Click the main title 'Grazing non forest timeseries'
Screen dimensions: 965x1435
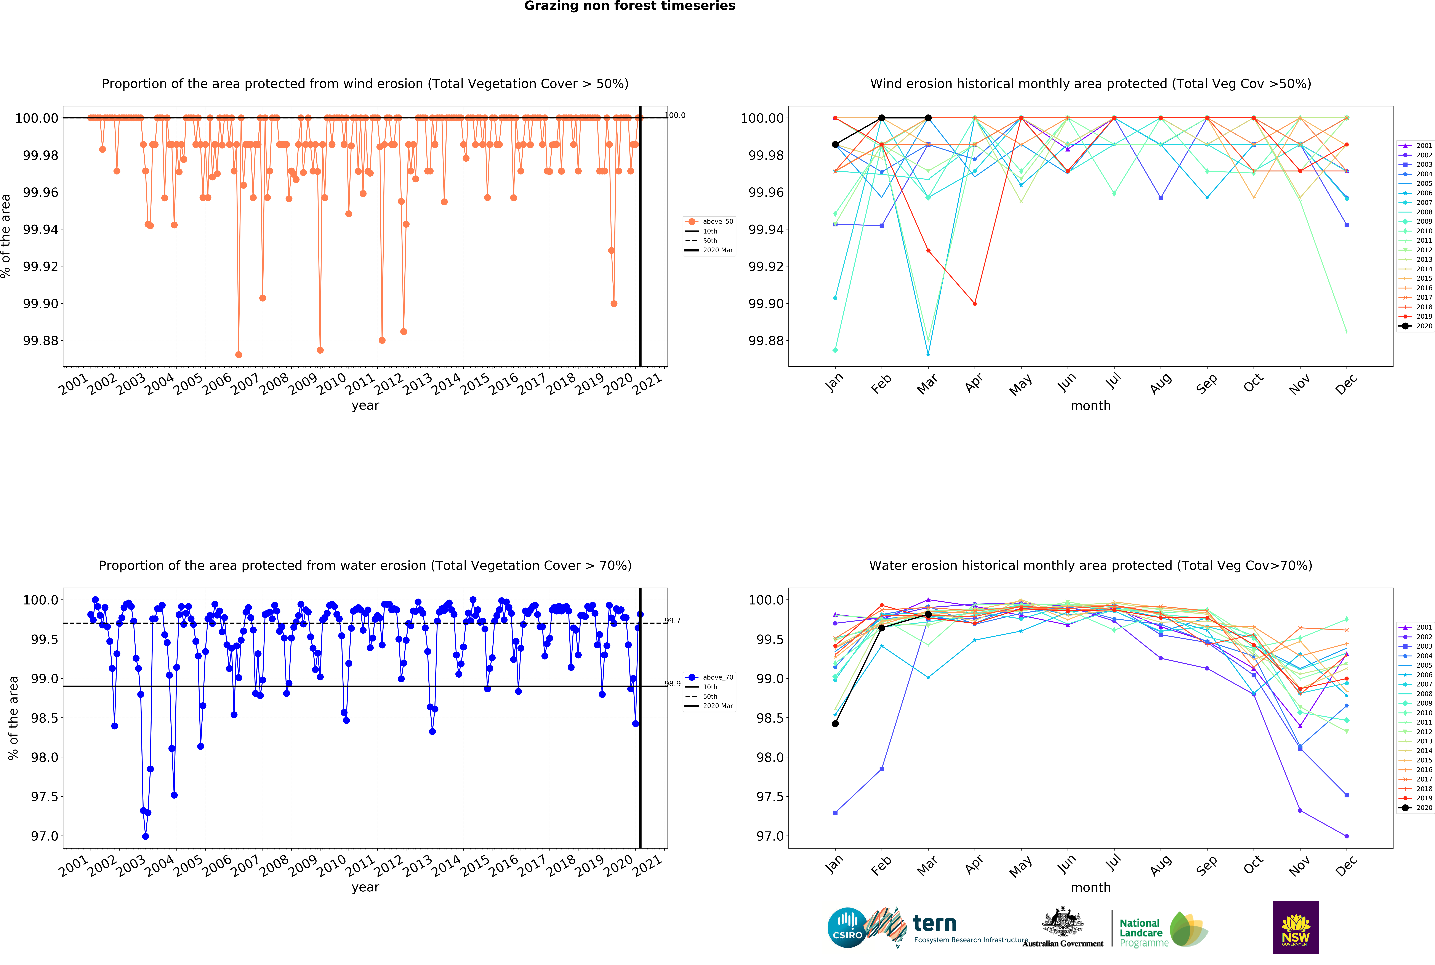pyautogui.click(x=629, y=6)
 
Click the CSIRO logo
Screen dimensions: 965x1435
pyautogui.click(x=847, y=927)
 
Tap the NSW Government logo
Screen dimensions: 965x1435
pyautogui.click(x=1295, y=927)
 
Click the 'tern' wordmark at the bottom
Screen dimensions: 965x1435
pyautogui.click(x=934, y=924)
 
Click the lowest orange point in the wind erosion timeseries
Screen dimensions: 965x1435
pyautogui.click(x=239, y=354)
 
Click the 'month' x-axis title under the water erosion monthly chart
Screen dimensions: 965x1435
pyautogui.click(x=1091, y=888)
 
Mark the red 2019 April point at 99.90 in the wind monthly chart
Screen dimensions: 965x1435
pyautogui.click(x=974, y=303)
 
